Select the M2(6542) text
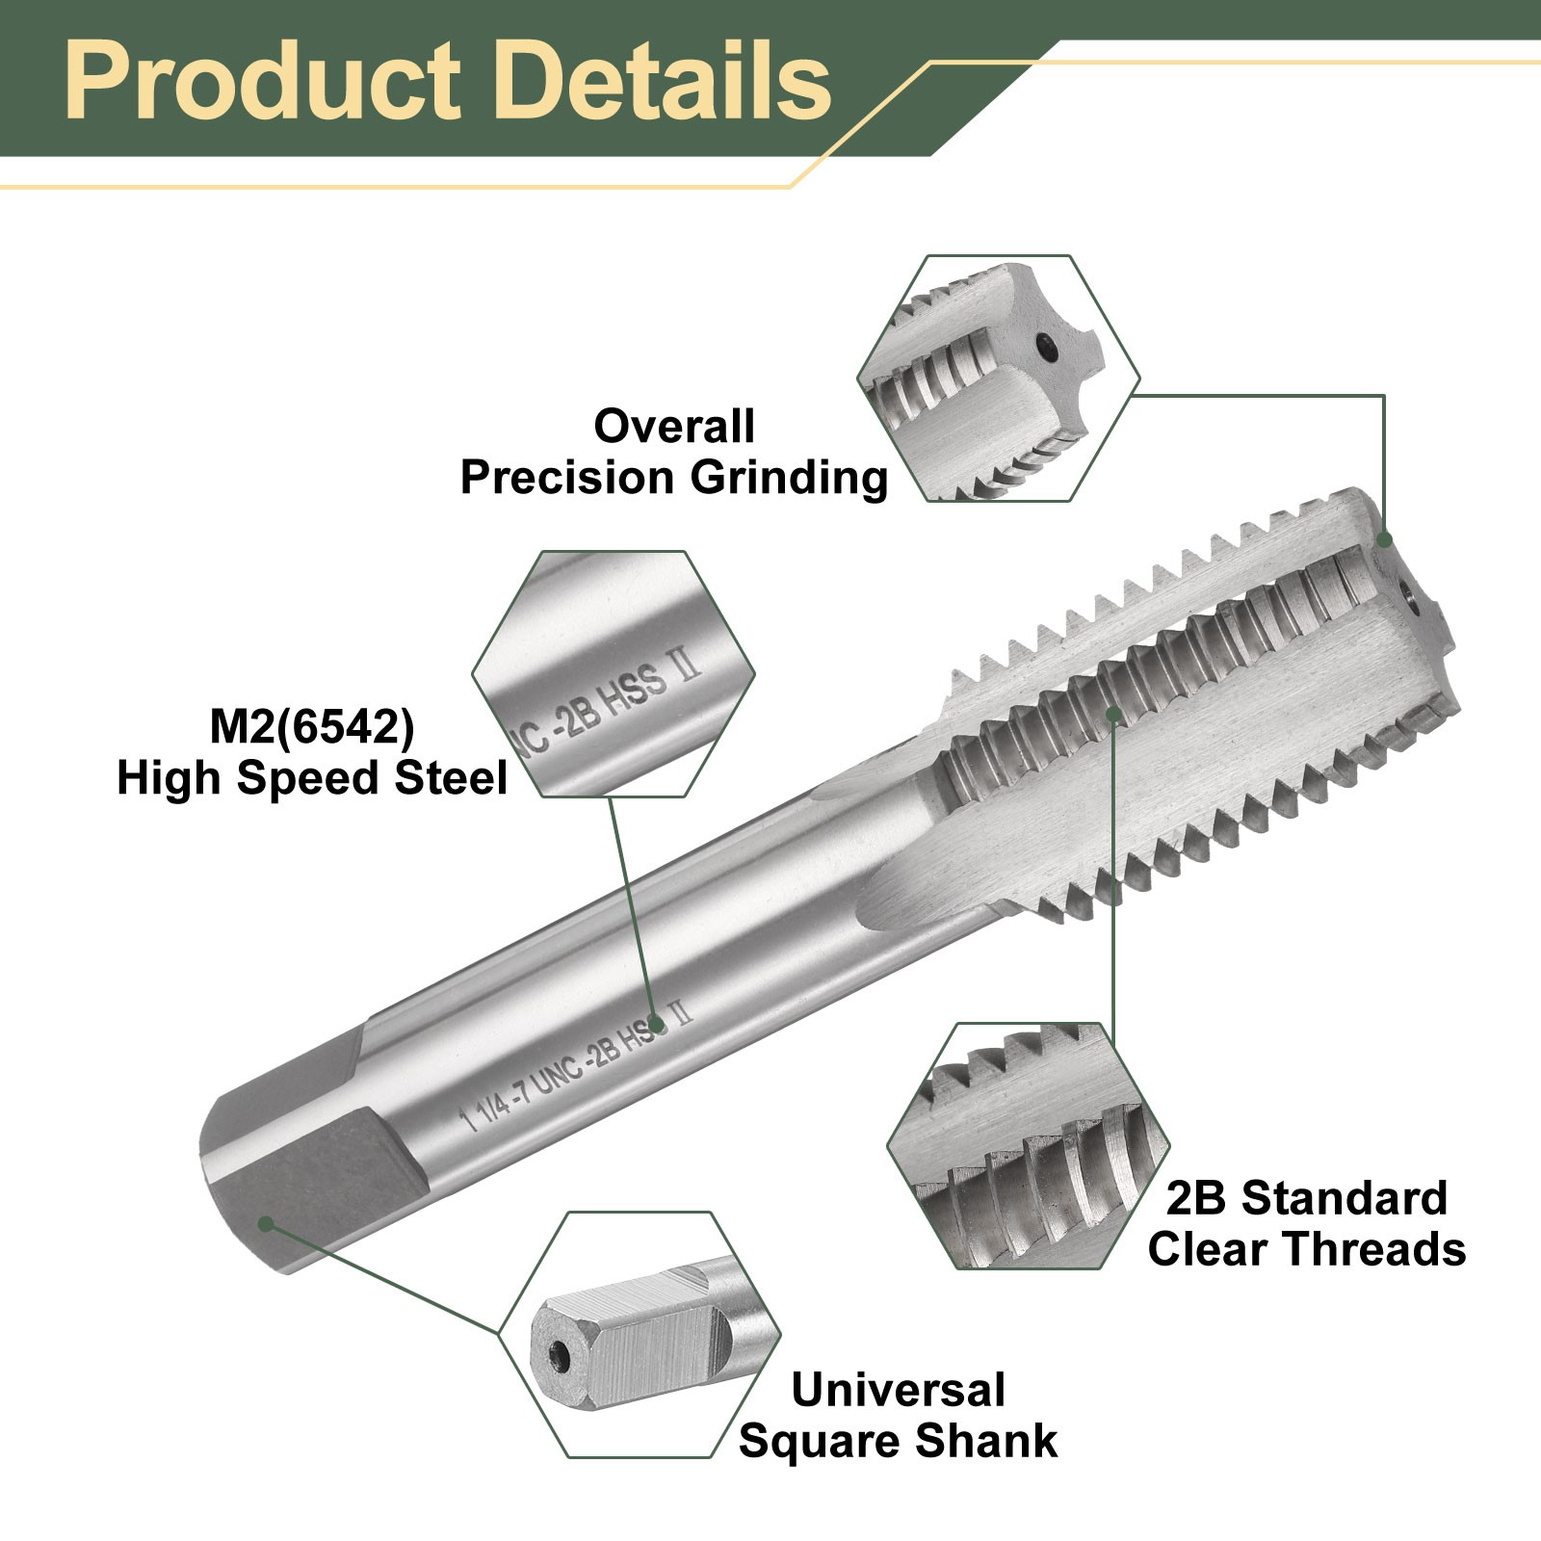312,727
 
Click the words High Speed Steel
312,778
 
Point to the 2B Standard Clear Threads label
1307,1224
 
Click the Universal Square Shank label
898,1416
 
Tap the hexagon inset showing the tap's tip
999,378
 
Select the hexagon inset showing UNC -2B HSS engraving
614,673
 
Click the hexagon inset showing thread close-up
1028,1145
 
